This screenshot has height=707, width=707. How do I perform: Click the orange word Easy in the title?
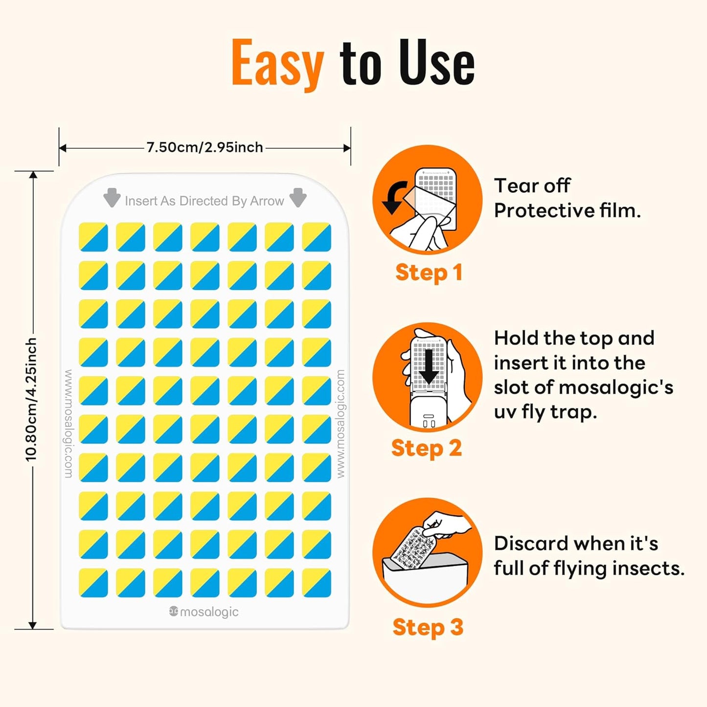[277, 64]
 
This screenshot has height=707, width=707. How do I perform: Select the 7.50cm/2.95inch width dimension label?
[205, 147]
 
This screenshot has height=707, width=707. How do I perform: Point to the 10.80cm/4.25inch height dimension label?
[31, 399]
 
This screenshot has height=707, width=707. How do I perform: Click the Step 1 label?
[429, 273]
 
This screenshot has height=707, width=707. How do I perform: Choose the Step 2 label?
[427, 448]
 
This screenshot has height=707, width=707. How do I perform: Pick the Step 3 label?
[428, 627]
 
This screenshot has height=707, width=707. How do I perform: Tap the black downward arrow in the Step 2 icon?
[429, 366]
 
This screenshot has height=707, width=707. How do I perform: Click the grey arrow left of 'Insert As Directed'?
[112, 198]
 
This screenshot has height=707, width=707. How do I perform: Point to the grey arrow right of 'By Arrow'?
[298, 198]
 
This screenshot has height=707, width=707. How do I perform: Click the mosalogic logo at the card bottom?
[204, 612]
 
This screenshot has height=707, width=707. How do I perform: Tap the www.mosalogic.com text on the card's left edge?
[68, 424]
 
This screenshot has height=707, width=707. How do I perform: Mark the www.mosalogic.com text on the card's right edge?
[341, 424]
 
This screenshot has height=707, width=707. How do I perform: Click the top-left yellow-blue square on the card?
[93, 237]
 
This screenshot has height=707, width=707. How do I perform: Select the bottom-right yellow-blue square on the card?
[317, 583]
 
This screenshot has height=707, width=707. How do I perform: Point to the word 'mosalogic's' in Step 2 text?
[616, 388]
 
